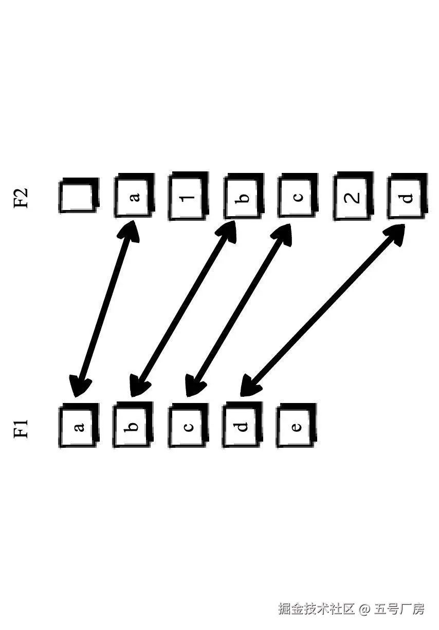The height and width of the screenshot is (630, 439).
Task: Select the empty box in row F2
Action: (x=78, y=196)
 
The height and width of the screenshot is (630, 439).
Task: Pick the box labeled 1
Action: (x=189, y=196)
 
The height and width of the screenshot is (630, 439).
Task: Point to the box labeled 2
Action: (x=353, y=197)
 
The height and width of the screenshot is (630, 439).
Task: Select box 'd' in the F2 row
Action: (x=407, y=196)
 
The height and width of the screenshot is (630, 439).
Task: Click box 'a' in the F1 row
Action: (x=78, y=427)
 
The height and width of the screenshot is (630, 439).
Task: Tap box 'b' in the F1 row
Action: (x=133, y=426)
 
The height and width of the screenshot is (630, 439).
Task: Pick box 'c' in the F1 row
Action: (x=188, y=426)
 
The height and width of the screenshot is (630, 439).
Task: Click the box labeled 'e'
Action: (x=297, y=426)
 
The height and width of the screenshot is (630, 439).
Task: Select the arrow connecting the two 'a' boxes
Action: (x=105, y=309)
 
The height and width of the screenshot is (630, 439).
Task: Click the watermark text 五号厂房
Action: (x=400, y=609)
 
